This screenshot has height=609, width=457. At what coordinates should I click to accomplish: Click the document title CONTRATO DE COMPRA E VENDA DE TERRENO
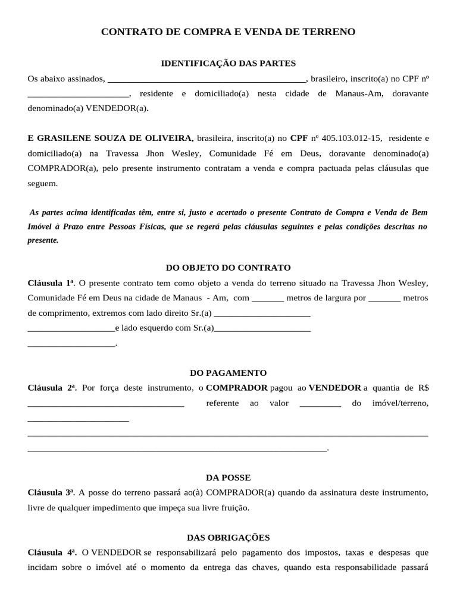[x=228, y=32]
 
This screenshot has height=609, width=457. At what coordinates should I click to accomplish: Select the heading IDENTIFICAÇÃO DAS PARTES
[x=228, y=63]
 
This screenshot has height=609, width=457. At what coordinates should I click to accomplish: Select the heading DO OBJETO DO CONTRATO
[x=228, y=268]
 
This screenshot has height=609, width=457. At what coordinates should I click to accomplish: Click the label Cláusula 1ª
[x=51, y=282]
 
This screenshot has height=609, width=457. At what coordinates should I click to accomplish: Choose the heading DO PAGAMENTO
[x=228, y=373]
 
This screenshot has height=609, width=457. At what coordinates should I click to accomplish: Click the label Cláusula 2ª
[x=52, y=388]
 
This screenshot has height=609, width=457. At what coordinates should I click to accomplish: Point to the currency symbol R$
[x=423, y=388]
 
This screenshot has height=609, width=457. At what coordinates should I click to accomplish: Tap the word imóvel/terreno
[x=400, y=403]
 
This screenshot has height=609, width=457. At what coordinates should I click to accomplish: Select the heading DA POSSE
[x=228, y=478]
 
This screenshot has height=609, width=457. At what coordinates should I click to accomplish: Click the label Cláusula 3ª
[x=51, y=492]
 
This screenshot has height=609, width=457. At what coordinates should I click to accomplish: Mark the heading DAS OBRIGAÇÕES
[x=228, y=538]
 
